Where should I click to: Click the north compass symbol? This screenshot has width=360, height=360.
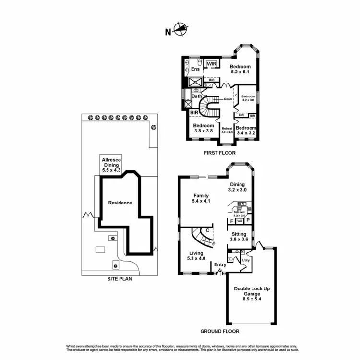[x=179, y=30]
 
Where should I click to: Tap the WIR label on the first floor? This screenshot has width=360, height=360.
[x=212, y=64]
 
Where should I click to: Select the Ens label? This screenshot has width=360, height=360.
[x=195, y=70]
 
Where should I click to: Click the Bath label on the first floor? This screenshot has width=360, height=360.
[x=197, y=96]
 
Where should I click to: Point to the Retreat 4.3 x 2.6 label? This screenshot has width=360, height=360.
[x=227, y=130]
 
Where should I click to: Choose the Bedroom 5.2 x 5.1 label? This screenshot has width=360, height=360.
[x=240, y=70]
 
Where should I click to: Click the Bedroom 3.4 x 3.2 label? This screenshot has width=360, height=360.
[x=246, y=130]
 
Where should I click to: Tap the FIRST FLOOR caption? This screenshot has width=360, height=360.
[x=219, y=153]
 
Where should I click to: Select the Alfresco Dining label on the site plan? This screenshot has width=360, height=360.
[x=110, y=164]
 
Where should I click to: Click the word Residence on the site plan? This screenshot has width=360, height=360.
[x=120, y=203]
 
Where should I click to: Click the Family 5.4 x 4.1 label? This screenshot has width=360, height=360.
[x=201, y=199]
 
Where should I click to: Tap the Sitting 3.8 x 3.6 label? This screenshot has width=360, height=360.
[x=238, y=237]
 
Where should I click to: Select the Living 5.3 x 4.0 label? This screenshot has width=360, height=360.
[x=196, y=256]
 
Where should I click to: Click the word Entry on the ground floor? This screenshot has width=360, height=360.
[x=220, y=264]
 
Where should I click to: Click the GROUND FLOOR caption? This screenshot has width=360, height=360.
[x=219, y=331]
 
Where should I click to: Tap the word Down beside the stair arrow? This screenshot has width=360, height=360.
[x=228, y=99]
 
